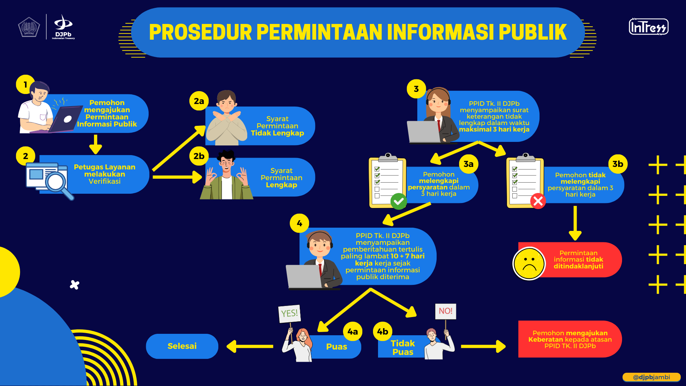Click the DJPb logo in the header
[63, 27]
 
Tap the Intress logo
[648, 27]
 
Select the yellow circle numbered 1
[25, 84]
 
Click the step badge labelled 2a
[199, 101]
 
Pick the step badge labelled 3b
[618, 164]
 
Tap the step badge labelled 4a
[353, 332]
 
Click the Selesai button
[182, 346]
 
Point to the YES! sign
[289, 313]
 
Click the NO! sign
[446, 311]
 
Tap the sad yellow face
[529, 263]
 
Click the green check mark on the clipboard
[399, 201]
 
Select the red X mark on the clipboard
[538, 201]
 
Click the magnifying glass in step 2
[58, 184]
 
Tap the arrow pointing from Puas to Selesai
[250, 346]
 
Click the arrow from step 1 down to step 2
[95, 144]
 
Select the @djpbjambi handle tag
[651, 377]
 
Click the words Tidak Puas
[403, 348]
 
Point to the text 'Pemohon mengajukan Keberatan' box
[570, 339]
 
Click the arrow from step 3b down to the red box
[575, 223]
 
